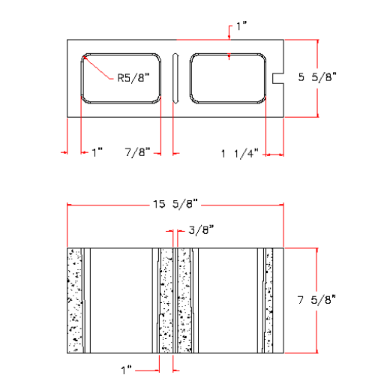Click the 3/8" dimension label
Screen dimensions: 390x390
pos(202,230)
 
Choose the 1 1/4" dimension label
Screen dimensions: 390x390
pos(239,154)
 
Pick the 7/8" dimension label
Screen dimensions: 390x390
pos(138,151)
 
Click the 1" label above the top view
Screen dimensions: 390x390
pos(241,26)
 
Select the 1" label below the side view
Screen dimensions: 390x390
pos(127,369)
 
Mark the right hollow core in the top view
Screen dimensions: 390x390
pos(228,78)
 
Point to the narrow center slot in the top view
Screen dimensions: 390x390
pos(175,78)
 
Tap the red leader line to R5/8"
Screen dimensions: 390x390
pos(100,67)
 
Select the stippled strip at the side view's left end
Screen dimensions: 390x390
pos(74,299)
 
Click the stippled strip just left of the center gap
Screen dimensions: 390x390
pos(165,299)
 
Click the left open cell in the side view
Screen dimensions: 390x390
pos(120,299)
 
